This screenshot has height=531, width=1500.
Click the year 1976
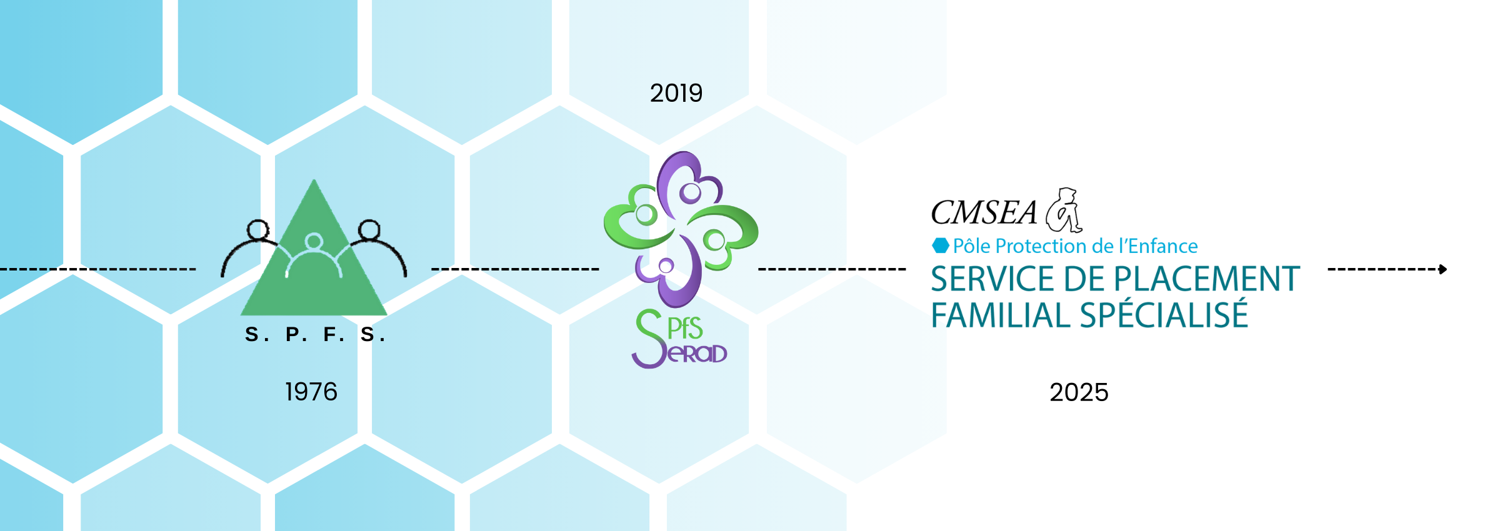(x=311, y=392)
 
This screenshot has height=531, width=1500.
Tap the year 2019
(x=676, y=93)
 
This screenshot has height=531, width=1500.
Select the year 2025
(x=1079, y=392)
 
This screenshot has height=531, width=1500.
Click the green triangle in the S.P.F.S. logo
(x=314, y=275)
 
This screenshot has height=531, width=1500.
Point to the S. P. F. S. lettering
(x=315, y=335)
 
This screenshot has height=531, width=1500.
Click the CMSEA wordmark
(x=984, y=213)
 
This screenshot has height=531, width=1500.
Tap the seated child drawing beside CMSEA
(x=1065, y=210)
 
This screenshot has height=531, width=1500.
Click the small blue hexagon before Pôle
(x=941, y=246)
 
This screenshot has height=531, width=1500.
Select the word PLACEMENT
(x=1207, y=279)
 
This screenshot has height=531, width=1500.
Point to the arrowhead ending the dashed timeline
(x=1443, y=269)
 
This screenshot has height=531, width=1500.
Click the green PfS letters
(x=685, y=329)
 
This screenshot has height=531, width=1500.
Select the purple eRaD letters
(x=697, y=354)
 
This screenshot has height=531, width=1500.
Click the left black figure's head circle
(x=257, y=229)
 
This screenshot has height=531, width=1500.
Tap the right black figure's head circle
(x=369, y=229)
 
